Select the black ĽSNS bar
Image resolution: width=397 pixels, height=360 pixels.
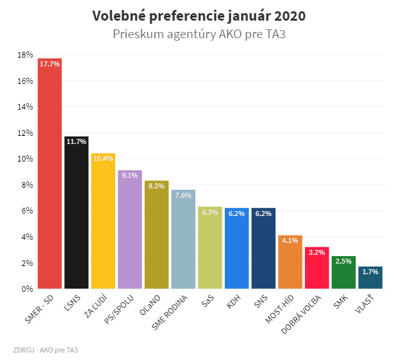click(x=76, y=213)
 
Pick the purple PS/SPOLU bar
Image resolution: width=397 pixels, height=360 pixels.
click(x=130, y=230)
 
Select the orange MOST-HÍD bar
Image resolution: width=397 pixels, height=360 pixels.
click(x=290, y=262)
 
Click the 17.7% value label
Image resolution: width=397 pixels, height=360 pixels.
click(x=49, y=64)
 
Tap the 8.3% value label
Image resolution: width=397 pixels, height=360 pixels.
click(x=157, y=186)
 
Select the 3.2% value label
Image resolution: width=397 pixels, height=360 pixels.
click(x=317, y=252)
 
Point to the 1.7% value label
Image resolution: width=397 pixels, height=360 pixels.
click(x=370, y=272)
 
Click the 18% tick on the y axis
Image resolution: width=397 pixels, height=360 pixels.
click(x=25, y=55)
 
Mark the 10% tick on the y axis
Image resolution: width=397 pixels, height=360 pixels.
click(x=25, y=159)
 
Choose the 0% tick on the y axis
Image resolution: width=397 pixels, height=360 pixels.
click(x=27, y=289)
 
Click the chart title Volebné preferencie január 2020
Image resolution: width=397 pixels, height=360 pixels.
click(x=199, y=16)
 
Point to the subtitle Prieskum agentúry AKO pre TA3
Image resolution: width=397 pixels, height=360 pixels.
click(x=199, y=34)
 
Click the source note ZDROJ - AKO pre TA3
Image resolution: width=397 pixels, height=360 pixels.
click(x=45, y=349)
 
